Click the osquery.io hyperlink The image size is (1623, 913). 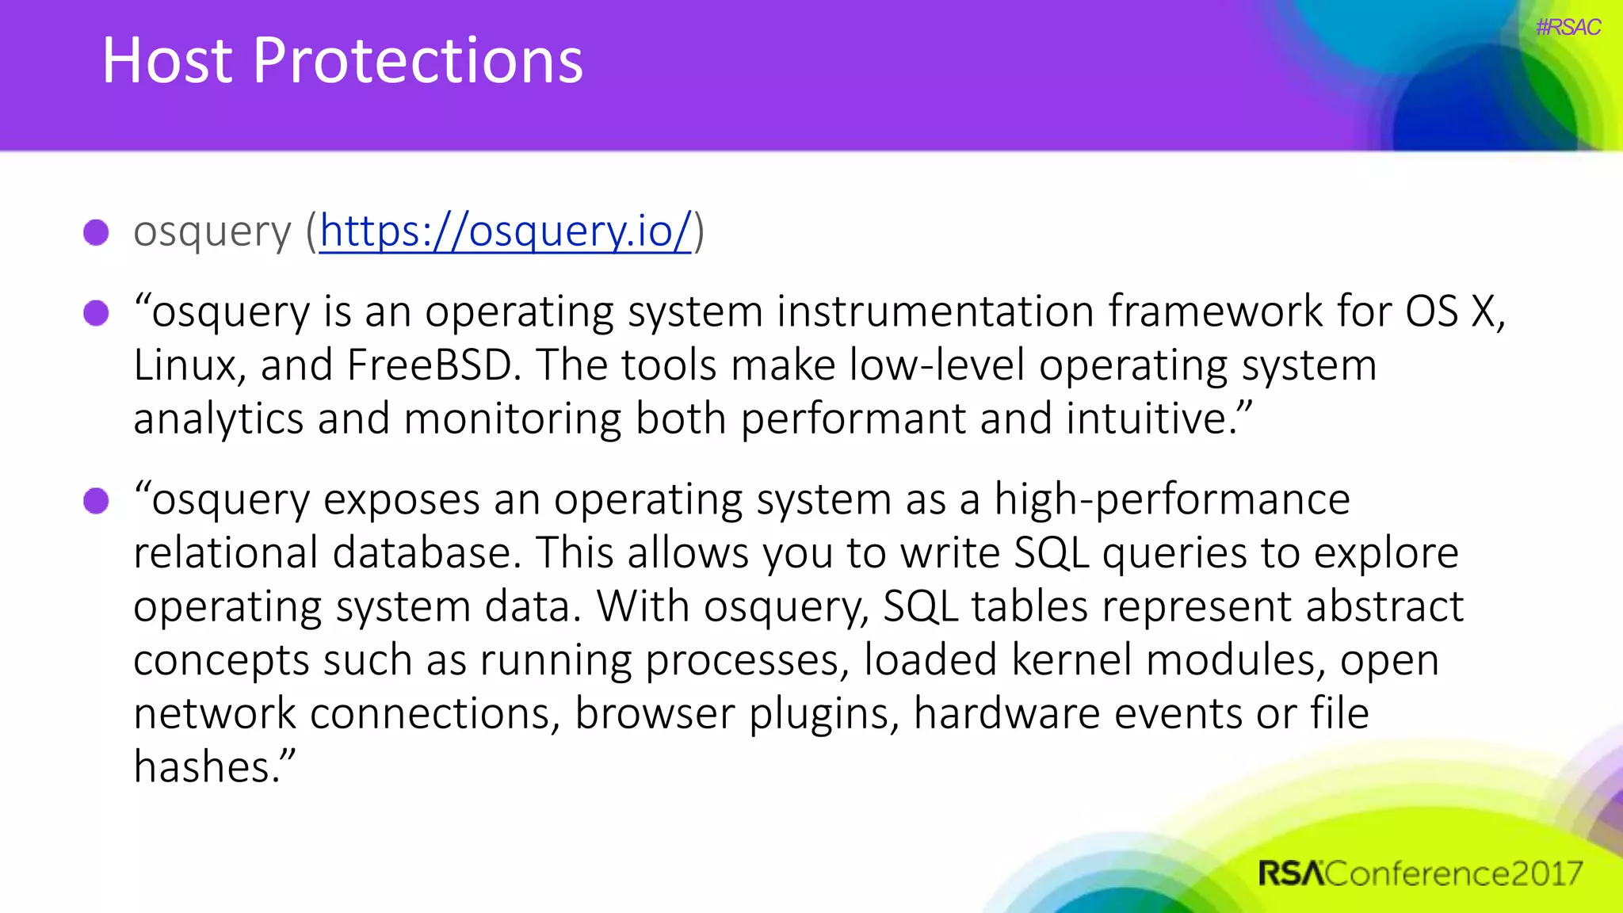[506, 231]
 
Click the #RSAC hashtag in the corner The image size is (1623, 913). [1568, 28]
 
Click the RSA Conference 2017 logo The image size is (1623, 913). [1419, 873]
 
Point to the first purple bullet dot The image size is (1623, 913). [96, 232]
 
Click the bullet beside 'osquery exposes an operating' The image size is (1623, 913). [96, 501]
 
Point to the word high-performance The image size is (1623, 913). [1172, 501]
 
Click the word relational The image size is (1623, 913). [225, 552]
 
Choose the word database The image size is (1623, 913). [424, 552]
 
